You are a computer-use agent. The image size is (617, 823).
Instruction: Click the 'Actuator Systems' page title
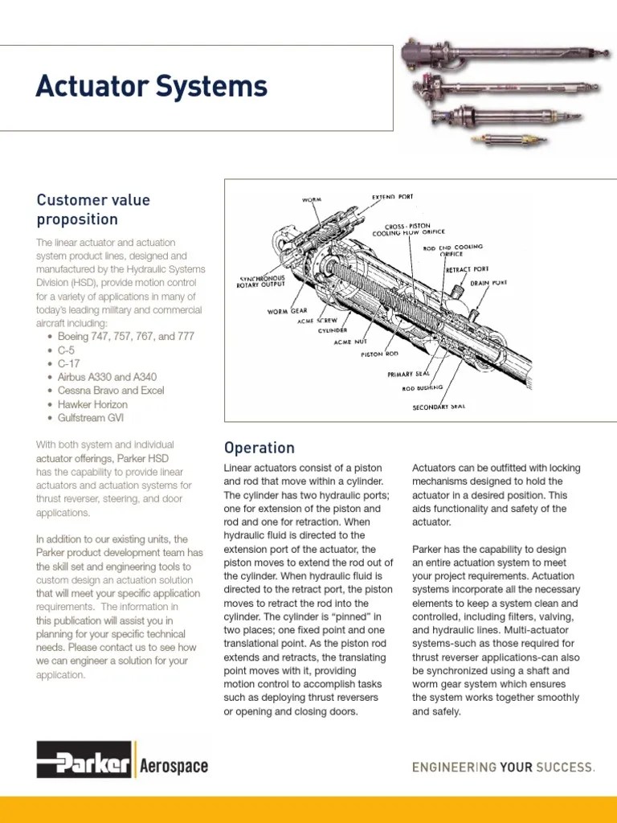click(151, 87)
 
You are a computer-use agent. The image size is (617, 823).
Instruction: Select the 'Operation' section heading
click(259, 448)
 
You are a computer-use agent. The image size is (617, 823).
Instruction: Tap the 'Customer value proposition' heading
click(93, 209)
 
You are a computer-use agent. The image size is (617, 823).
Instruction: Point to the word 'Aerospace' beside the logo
click(174, 767)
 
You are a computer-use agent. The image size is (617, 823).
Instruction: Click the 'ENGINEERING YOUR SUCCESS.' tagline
click(503, 767)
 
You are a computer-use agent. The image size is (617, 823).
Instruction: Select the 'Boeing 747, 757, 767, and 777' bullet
click(125, 337)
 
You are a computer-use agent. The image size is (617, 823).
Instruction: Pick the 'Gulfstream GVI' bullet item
click(91, 418)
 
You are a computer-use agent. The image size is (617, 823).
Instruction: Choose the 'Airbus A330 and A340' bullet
click(107, 377)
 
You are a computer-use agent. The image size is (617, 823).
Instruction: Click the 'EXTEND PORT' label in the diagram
click(393, 197)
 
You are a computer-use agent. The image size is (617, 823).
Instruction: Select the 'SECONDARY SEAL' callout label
click(439, 407)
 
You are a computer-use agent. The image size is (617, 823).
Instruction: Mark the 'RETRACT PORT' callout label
click(467, 269)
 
